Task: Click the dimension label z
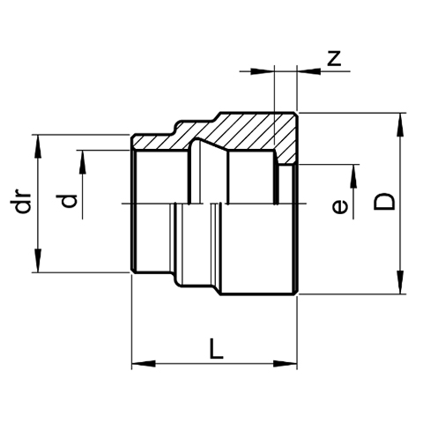334,58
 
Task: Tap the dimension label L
216,349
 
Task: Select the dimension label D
384,202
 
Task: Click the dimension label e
340,207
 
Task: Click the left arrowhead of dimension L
144,364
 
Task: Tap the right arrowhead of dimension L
286,364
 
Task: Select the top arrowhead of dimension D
400,124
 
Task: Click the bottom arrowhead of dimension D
400,282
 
